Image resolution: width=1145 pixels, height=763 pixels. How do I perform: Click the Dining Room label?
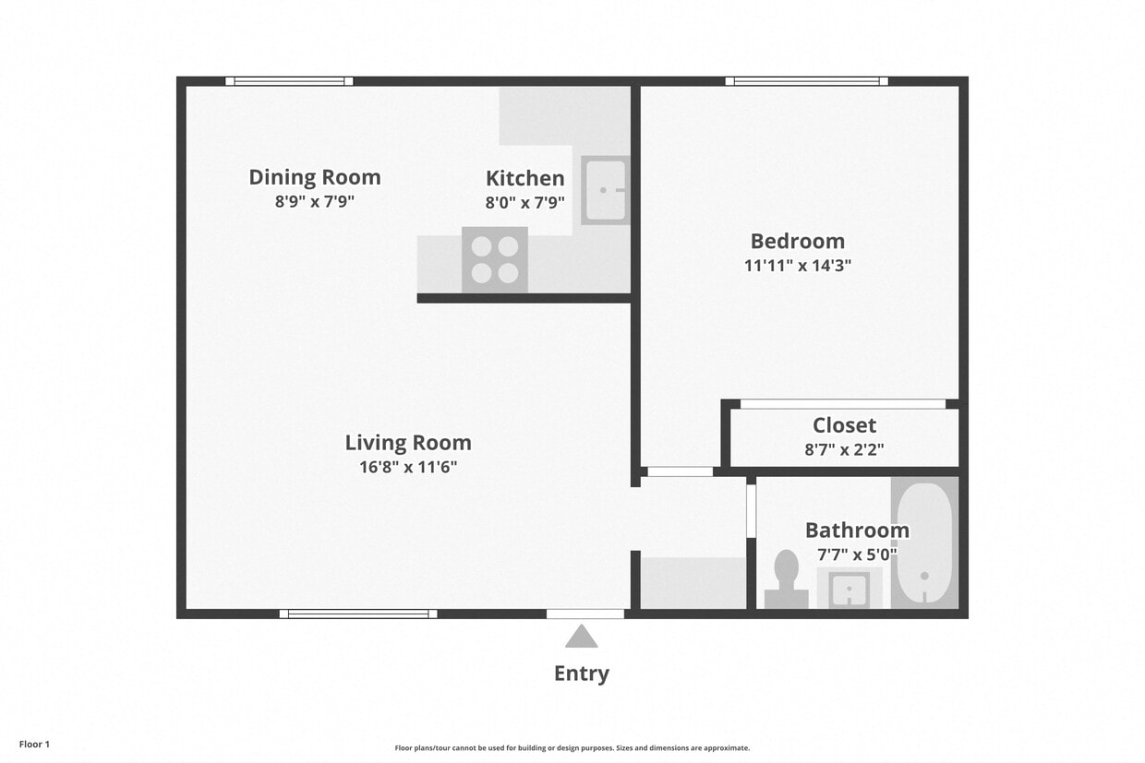(314, 177)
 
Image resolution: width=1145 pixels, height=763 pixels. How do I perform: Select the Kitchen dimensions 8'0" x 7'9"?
(524, 202)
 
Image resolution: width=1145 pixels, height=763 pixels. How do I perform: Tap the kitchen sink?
(605, 190)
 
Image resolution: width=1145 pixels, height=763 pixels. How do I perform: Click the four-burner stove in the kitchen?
(495, 260)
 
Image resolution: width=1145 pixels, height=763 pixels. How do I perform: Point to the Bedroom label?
(797, 241)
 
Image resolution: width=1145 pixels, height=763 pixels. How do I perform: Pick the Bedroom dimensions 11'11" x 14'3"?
(797, 266)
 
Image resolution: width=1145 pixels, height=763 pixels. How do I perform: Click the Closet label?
(844, 425)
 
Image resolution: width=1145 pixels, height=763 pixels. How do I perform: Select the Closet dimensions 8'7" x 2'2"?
(844, 450)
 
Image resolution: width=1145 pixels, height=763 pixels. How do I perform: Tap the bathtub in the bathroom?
(924, 544)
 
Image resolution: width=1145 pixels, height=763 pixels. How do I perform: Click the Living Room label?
(408, 442)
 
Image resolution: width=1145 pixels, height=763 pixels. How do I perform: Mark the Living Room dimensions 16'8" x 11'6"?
(408, 467)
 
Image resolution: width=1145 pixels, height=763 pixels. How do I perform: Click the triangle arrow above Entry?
(581, 638)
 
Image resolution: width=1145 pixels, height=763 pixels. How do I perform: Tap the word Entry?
(581, 674)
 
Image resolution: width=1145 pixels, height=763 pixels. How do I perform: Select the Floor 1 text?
(34, 744)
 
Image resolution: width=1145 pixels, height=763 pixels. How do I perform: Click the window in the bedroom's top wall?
(806, 81)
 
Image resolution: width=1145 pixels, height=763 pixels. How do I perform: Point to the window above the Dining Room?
(289, 81)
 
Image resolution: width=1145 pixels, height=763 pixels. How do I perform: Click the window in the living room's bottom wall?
(358, 614)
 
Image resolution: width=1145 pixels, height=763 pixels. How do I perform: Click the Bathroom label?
(857, 530)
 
